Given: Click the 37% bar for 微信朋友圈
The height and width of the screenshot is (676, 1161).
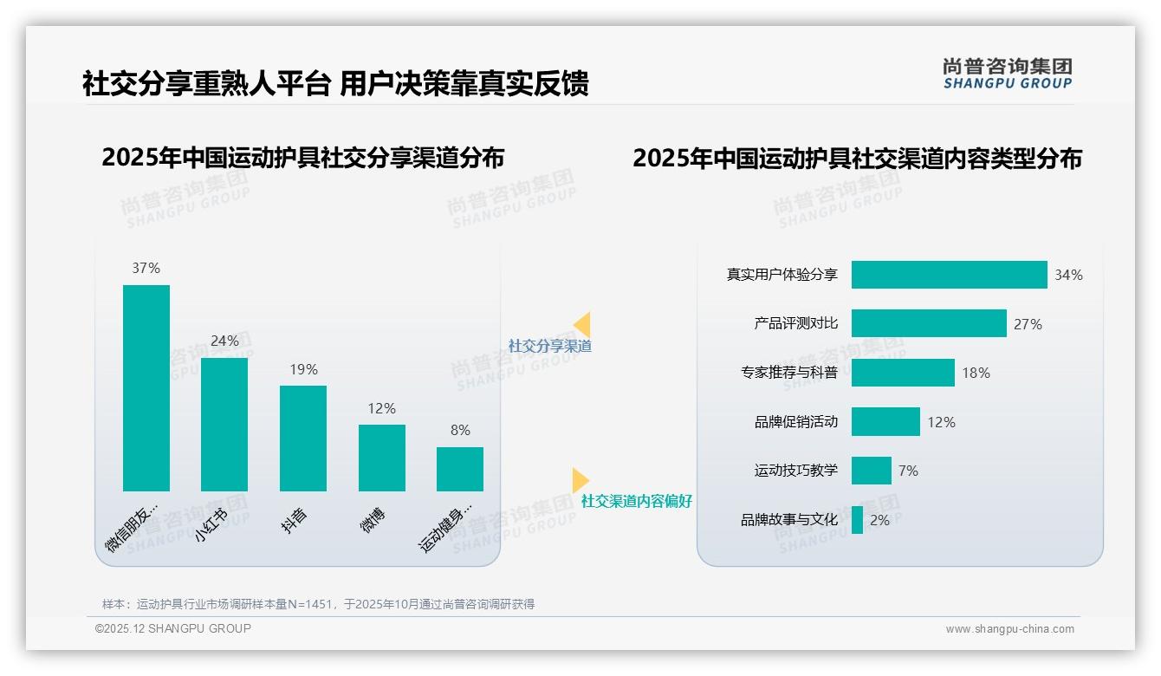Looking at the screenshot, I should coord(146,387).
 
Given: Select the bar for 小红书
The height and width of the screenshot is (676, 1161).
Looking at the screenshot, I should coord(224,424).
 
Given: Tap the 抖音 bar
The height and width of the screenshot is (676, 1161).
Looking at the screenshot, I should coord(303,438).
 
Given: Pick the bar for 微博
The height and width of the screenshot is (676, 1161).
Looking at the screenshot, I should coord(381,458).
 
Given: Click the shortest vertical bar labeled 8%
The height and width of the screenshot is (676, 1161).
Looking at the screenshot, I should coord(460,469).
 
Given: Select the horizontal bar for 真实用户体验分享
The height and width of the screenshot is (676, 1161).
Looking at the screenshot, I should coord(949,275).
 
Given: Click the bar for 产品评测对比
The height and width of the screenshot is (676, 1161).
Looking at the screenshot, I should coord(929,323).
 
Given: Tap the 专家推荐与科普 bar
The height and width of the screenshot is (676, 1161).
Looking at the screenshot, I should coord(903,373).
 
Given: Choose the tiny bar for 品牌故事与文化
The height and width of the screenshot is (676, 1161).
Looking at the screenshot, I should coord(857,520).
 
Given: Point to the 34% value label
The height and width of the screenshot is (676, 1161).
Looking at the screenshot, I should coord(1068,275).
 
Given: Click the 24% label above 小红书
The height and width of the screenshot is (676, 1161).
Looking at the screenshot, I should coord(224,341).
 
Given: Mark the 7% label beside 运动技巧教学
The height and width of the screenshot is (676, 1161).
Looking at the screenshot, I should coord(908,471).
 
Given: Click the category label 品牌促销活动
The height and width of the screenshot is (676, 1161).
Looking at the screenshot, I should coord(795,422).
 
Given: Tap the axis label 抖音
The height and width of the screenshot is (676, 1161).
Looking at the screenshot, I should coord(295,520).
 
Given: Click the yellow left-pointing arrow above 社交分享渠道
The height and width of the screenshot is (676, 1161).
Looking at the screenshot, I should coord(581,324).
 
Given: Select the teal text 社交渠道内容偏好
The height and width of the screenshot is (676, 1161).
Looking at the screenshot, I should coord(636,501).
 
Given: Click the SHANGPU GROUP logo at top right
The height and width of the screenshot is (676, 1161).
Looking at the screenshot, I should coord(1007,74).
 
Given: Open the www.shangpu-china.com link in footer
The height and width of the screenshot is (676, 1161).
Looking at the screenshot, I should coord(1009,629).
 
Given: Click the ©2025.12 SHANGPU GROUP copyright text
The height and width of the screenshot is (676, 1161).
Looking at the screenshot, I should coord(173,628).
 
